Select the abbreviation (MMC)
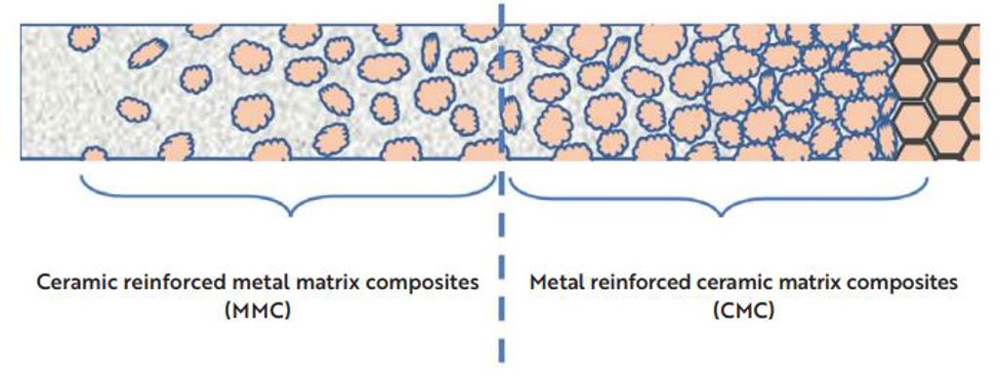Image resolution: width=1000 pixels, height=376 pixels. coord(258,312)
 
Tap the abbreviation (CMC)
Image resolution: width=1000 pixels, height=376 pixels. coord(743,312)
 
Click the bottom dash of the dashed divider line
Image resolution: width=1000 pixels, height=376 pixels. coord(502,352)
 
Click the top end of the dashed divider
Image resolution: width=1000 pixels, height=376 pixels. coord(502,4)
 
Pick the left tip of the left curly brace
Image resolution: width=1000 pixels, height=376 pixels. coord(80,175)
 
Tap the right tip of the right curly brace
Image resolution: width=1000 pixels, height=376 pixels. coord(927,177)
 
